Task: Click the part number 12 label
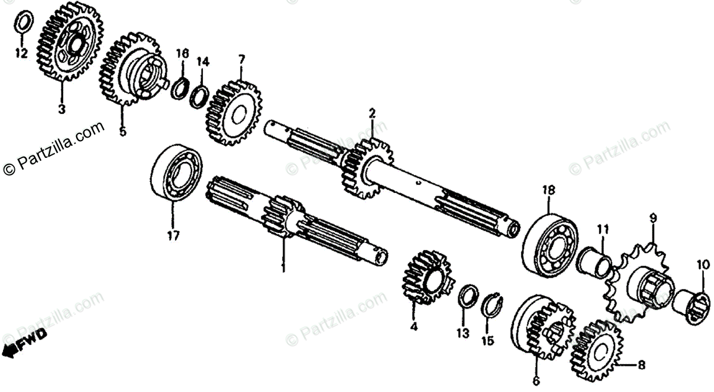[21, 54]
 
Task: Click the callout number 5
[123, 131]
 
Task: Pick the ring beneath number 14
[200, 95]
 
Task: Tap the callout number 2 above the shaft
[372, 113]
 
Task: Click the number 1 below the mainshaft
[283, 267]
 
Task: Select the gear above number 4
[425, 277]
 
